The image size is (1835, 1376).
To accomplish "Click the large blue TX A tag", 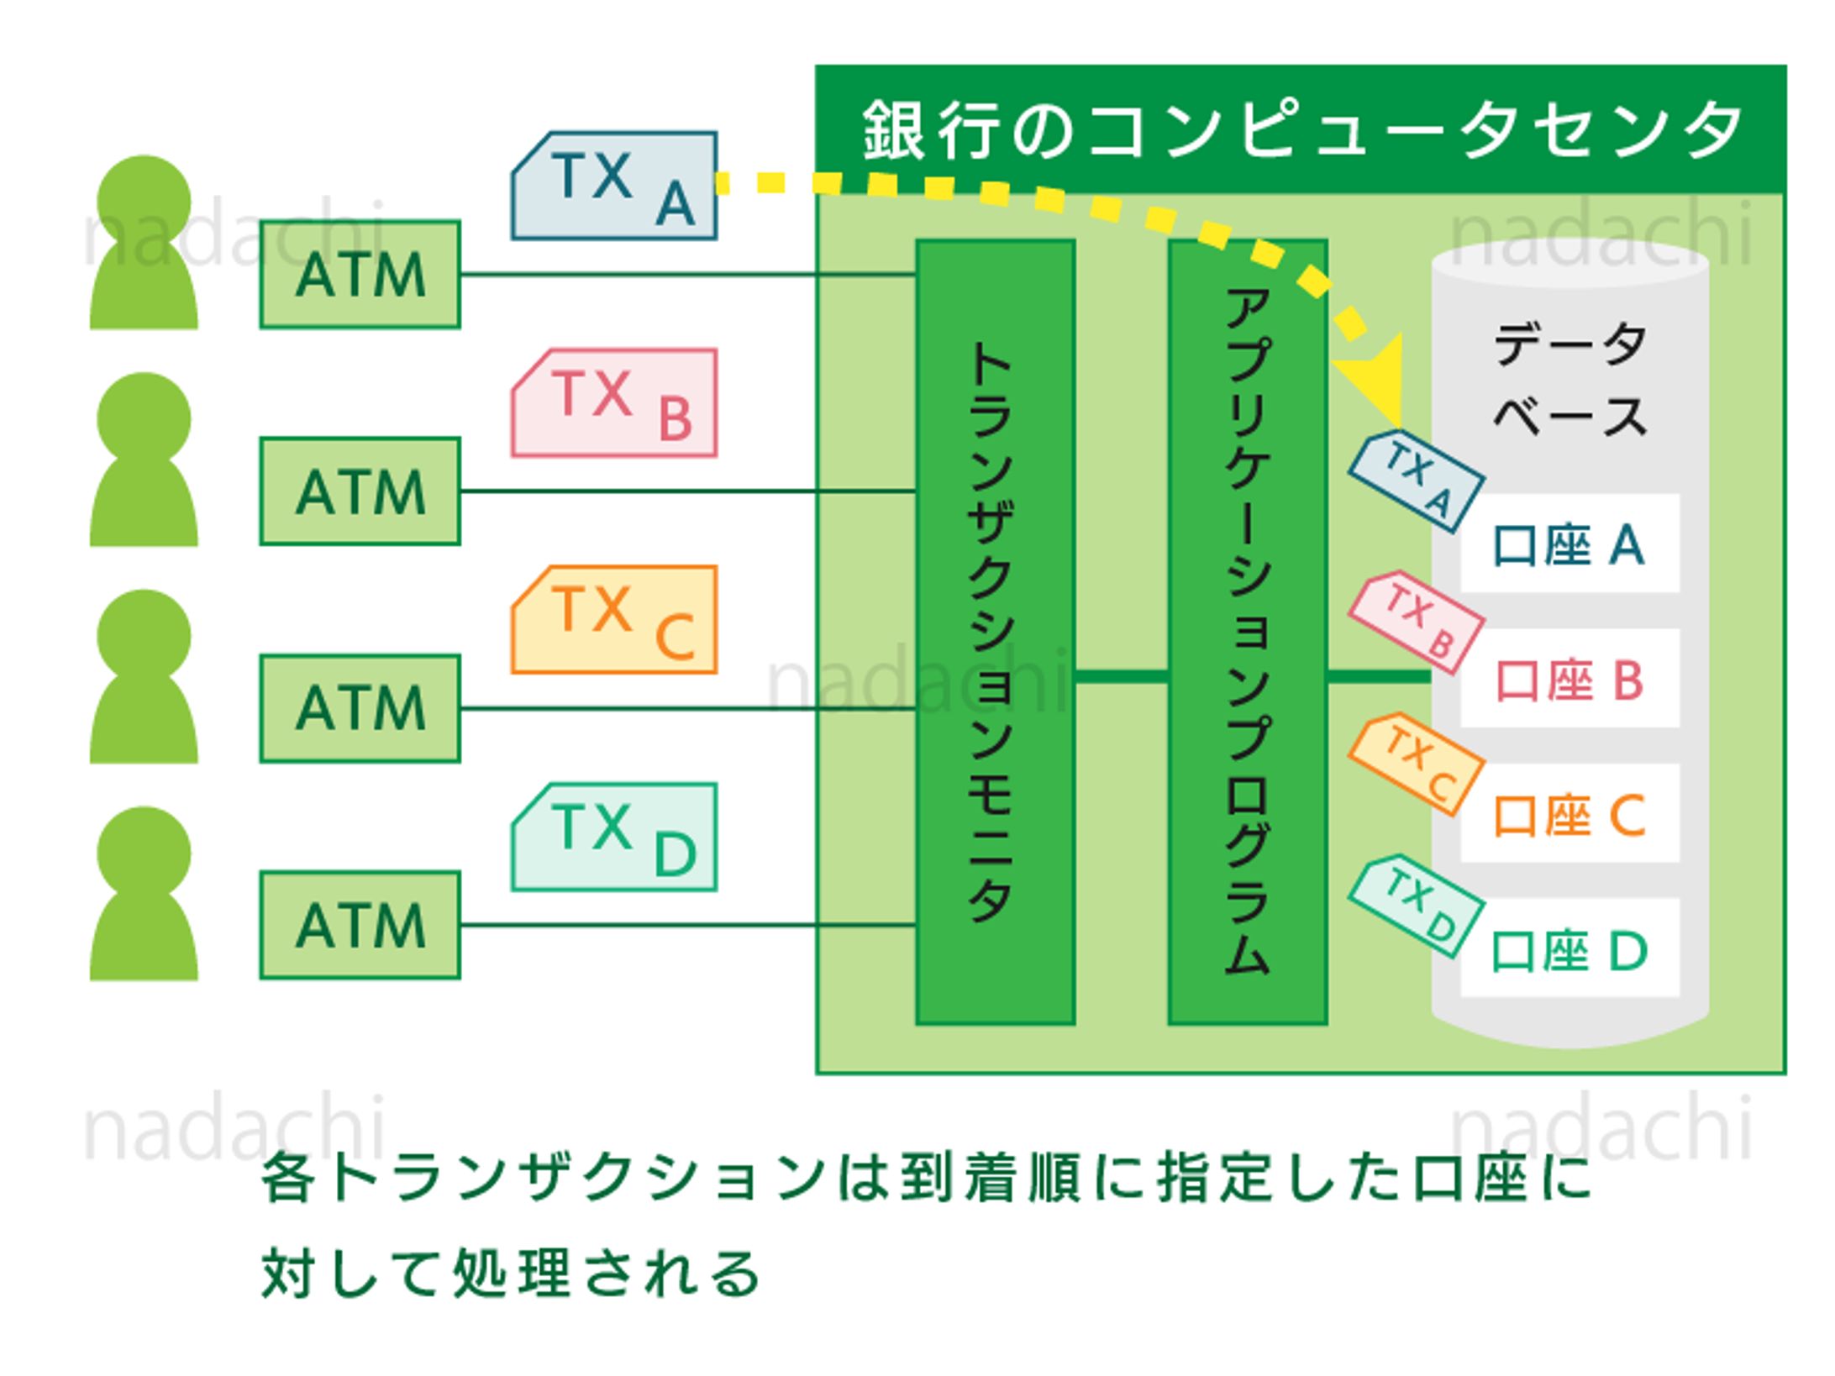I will tap(614, 186).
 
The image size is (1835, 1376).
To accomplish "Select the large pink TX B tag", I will tap(614, 403).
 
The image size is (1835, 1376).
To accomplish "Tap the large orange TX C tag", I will tap(614, 620).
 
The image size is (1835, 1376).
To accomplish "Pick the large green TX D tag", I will tap(614, 838).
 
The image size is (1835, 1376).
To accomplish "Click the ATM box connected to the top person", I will tap(360, 275).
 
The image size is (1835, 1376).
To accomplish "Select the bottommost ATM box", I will tap(360, 925).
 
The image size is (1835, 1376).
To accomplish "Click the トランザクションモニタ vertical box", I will tap(995, 632).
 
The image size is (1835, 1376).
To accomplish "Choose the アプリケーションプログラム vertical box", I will tap(1248, 632).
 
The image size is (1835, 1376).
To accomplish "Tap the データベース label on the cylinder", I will tap(1569, 380).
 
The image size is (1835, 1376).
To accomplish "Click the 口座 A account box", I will tap(1569, 544).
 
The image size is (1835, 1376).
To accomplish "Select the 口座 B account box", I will tap(1569, 679).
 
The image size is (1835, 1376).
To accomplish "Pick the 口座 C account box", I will tap(1569, 814).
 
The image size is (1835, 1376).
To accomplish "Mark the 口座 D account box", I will tap(1569, 949).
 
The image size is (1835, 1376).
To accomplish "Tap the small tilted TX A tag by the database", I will tap(1417, 482).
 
